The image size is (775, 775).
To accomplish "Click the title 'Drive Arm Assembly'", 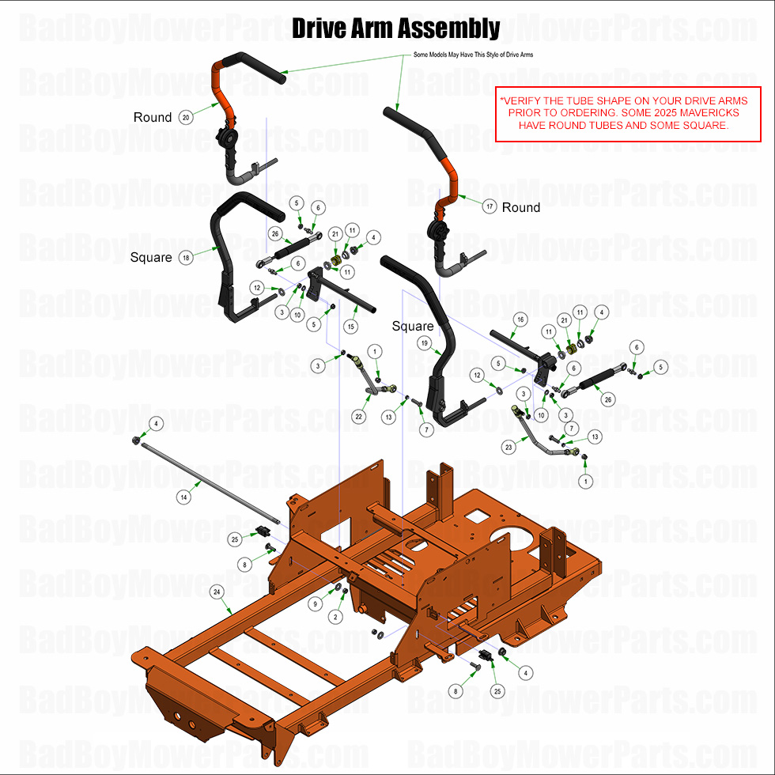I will click(x=395, y=29).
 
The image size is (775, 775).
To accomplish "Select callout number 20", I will click(x=187, y=117).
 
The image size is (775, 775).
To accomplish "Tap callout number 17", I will click(x=490, y=206).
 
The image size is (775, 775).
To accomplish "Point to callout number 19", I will click(x=424, y=343).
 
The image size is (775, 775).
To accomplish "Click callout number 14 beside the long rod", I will click(x=183, y=497).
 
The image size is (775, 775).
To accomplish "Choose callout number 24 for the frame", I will click(x=216, y=592).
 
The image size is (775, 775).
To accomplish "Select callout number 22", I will click(x=358, y=417).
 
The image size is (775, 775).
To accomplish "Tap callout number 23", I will click(x=508, y=446).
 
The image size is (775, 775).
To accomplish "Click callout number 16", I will click(x=520, y=319).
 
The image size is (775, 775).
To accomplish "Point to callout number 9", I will click(x=316, y=603).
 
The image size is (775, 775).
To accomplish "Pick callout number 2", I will click(x=335, y=616).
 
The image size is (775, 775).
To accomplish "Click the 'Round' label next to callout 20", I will click(x=153, y=117).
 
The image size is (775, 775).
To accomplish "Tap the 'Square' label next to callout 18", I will click(x=152, y=258).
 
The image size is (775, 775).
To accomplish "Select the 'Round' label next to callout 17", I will click(x=521, y=207).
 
